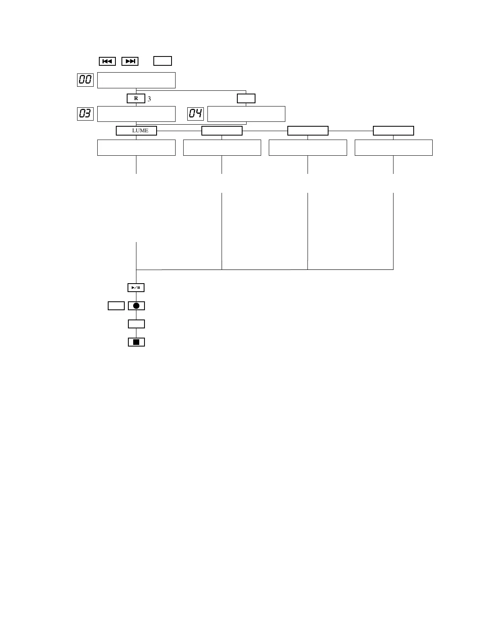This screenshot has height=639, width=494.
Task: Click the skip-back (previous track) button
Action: point(107,61)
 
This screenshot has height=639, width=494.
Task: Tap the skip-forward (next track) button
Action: point(130,61)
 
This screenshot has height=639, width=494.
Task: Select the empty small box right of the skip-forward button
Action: point(162,61)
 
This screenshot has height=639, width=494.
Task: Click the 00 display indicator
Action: point(85,80)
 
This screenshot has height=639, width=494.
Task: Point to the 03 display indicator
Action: point(85,114)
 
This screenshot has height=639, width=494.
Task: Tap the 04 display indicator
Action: point(196,114)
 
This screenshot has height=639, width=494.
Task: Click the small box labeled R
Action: point(136,98)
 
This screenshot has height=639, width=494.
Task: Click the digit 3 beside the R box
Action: point(149,99)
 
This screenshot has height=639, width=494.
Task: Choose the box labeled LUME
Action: point(136,131)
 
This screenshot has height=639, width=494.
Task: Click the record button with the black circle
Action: point(136,306)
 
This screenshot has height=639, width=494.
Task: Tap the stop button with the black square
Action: point(136,342)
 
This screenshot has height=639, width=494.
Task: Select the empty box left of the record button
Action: point(116,306)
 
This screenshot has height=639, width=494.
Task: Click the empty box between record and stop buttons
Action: point(136,324)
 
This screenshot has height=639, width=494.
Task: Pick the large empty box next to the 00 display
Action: point(136,80)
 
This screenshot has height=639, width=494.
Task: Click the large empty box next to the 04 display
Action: point(246,114)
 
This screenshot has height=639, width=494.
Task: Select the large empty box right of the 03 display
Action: point(136,114)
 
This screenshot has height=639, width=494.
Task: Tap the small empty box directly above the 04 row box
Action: point(246,98)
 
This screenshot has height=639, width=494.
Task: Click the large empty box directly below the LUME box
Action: point(136,148)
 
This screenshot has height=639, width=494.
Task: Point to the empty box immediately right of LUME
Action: point(222,131)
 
